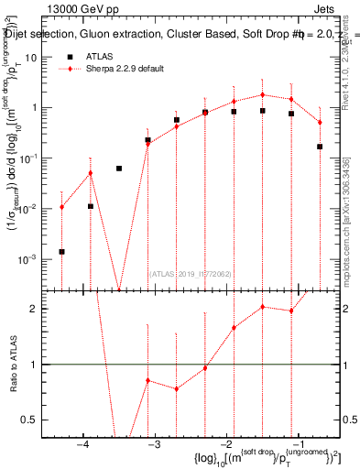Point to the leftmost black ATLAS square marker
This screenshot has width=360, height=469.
coord(61,251)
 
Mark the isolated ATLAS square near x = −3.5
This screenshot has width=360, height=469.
coord(119,169)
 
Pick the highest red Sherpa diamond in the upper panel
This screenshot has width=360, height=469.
coord(263,94)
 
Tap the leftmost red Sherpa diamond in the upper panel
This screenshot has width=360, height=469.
coord(61,207)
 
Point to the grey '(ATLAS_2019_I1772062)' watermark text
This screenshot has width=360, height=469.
coord(191,273)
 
